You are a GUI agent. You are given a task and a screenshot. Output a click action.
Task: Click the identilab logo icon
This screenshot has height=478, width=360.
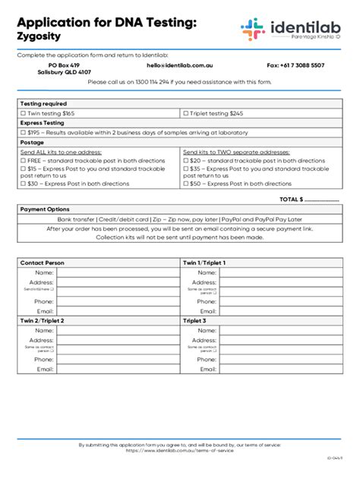point(252,30)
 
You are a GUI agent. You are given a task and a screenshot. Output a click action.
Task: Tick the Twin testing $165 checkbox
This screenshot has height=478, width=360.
point(24,113)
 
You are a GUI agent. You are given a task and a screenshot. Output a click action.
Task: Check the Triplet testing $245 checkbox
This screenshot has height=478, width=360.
point(186,113)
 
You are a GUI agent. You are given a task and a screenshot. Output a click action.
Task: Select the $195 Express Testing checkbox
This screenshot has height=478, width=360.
point(24,132)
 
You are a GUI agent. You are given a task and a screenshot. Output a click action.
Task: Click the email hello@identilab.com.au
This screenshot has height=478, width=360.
point(174,65)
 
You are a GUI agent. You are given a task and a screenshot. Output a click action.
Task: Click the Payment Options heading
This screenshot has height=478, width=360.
point(45,209)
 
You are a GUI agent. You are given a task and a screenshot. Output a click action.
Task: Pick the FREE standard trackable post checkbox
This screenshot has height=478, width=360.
point(24,161)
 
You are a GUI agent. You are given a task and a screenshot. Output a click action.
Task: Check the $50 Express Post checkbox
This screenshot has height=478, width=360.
point(186,184)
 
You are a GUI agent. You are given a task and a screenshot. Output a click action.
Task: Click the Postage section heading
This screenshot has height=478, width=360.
point(32,142)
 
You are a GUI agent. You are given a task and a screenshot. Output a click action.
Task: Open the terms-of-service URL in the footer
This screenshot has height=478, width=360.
point(180,451)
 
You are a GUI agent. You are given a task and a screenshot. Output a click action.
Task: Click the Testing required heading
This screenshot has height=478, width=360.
point(43,104)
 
